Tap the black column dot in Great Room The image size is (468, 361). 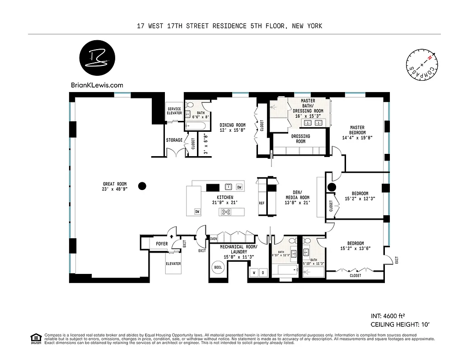point(142,185)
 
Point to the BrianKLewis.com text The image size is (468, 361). point(97,84)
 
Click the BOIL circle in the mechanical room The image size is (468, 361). point(218,267)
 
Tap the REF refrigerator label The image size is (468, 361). point(262,203)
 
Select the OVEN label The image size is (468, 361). point(214,238)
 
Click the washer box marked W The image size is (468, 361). point(254,273)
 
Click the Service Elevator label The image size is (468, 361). point(174,111)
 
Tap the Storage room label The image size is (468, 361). point(174,140)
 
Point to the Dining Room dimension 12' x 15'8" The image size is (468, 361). point(233,130)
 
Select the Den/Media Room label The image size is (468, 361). point(297,200)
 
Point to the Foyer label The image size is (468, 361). point(162,244)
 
